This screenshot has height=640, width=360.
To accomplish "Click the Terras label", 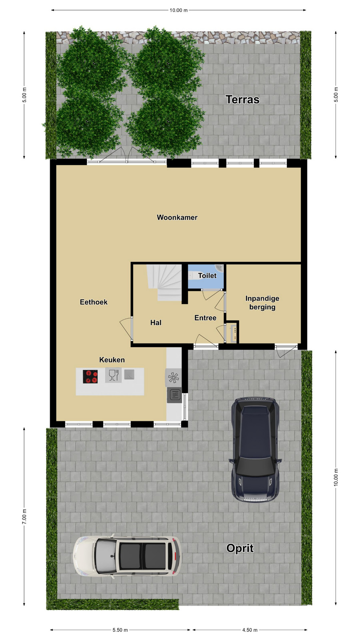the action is [242, 99].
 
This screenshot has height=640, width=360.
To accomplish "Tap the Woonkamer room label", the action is [177, 217].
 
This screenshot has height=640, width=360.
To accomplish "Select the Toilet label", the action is [207, 275].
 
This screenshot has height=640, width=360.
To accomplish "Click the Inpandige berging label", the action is [262, 303].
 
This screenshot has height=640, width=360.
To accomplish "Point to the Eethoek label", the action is [94, 302].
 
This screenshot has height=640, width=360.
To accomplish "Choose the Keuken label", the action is [112, 360].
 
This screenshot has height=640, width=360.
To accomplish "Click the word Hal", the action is [156, 322].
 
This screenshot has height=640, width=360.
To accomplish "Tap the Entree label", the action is [205, 318].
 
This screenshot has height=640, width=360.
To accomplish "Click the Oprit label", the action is [240, 548].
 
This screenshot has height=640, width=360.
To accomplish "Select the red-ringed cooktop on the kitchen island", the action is [90, 377].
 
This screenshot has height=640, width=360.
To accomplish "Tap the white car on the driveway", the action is [127, 556].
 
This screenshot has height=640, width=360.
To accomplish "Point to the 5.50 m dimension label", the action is [120, 630].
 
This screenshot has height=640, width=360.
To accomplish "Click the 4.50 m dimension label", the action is [250, 630].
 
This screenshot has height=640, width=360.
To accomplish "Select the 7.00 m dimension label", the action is [24, 516].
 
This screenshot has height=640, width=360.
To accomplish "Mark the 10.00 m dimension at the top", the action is [179, 10].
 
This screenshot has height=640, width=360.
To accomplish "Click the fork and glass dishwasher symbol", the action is [113, 375].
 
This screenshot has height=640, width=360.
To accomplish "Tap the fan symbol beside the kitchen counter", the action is [173, 378].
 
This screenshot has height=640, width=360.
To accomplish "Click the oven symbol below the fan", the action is [174, 395].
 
